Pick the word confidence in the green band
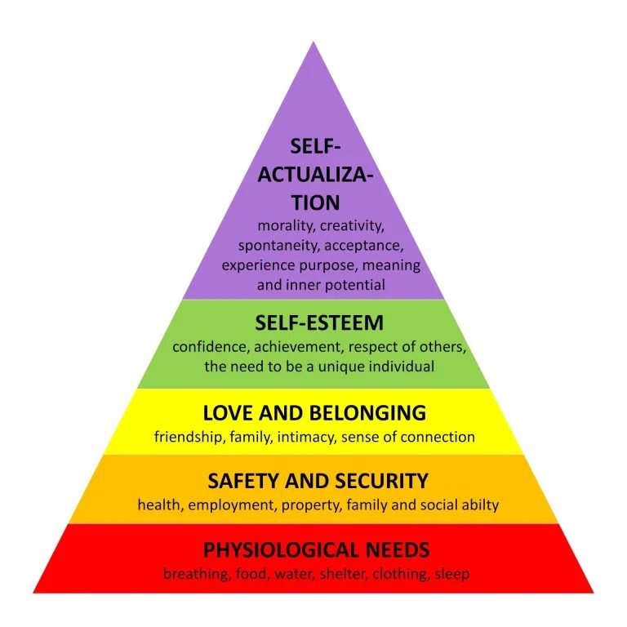(x=210, y=346)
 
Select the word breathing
(x=196, y=574)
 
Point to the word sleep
(x=451, y=574)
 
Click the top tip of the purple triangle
(x=313, y=42)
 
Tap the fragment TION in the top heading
(x=314, y=202)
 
